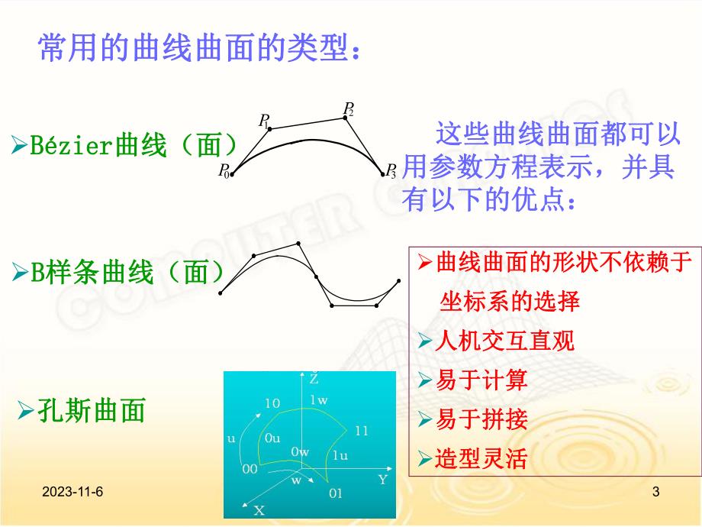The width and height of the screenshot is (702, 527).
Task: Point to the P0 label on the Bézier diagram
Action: pyautogui.click(x=224, y=172)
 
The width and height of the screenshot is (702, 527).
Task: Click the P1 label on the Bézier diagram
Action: pyautogui.click(x=264, y=120)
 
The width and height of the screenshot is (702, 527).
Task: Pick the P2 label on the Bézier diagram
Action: pyautogui.click(x=349, y=108)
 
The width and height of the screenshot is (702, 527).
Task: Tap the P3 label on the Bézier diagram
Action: pyautogui.click(x=391, y=170)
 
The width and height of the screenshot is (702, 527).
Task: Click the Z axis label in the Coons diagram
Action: pyautogui.click(x=314, y=378)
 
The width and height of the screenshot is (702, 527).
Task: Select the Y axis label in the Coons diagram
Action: pyautogui.click(x=382, y=480)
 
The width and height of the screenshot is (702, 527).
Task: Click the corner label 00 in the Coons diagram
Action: pyautogui.click(x=250, y=470)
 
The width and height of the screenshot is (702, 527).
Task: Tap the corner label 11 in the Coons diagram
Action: pyautogui.click(x=362, y=431)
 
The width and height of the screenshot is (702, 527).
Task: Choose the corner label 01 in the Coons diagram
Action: pyautogui.click(x=336, y=493)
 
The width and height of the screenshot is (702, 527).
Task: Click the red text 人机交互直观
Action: pyautogui.click(x=504, y=341)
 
